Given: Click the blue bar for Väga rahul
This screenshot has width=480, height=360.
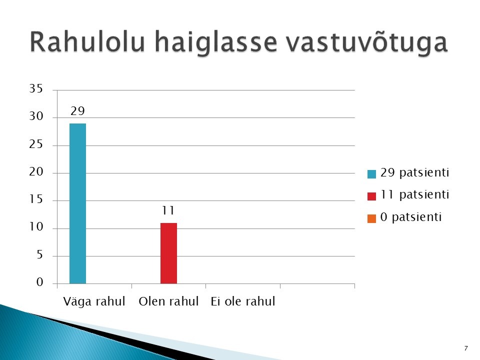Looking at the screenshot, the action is (78, 203).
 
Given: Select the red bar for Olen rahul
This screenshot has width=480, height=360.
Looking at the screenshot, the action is (168, 253).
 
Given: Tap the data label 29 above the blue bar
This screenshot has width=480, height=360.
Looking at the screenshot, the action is (77, 111).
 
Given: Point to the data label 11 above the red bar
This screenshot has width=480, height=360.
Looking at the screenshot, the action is (168, 210).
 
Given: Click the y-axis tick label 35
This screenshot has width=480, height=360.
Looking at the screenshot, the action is (36, 88).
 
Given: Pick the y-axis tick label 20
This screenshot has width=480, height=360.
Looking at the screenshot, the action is (36, 171).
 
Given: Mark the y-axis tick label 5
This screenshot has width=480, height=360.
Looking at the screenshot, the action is (40, 254).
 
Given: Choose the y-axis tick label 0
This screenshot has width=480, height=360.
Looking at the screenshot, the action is (40, 282).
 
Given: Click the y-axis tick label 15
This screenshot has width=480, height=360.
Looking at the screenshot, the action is (36, 199).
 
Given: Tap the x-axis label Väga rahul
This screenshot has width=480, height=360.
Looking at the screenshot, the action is (94, 301).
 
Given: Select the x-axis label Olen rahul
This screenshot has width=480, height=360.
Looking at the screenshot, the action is (168, 301).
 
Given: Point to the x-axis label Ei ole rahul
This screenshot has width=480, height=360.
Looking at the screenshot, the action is (243, 301).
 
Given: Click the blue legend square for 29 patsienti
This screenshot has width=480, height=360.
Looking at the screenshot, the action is (371, 174).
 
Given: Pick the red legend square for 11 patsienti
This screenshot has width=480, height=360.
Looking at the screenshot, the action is (371, 196).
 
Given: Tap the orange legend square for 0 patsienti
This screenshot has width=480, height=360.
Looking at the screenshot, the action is (371, 218).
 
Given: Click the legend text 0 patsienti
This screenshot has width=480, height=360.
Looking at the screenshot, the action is (411, 217).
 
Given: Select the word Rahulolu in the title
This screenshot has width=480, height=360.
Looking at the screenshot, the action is (87, 41).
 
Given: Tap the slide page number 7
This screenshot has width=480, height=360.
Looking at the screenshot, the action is (466, 348).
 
